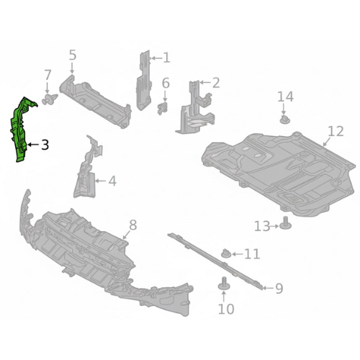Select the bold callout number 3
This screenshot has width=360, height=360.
point(45,145)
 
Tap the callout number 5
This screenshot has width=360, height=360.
point(73,55)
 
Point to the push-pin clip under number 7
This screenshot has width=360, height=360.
point(50,99)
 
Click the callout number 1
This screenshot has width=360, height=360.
point(166,58)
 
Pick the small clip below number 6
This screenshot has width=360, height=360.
point(163,107)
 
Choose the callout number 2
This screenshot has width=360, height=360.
point(216,83)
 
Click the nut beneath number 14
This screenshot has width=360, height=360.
point(285,119)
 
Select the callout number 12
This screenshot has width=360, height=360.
point(336,132)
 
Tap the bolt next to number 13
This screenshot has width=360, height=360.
point(286,223)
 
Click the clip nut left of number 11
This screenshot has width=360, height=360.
point(226,253)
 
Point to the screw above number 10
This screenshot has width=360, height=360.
point(224,284)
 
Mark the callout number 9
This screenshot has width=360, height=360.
point(279,288)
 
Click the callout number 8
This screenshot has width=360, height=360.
point(132,225)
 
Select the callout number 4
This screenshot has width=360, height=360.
point(112,181)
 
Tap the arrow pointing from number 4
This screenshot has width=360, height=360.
point(101,181)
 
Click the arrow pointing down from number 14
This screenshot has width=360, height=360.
point(284,109)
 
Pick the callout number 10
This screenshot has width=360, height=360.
point(226,309)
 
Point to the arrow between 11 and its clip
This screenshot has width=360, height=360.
point(238,253)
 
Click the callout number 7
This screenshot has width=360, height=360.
point(48,75)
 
